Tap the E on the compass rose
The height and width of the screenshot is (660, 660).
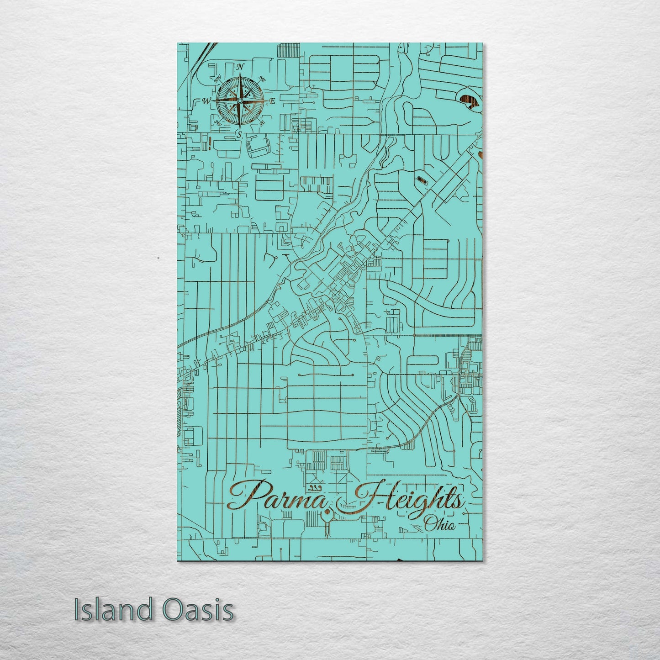(272, 101)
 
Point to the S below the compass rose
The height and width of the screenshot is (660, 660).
(238, 134)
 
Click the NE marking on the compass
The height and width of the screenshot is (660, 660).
(262, 78)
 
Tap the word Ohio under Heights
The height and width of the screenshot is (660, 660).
(439, 525)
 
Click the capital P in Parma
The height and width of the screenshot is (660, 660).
(247, 496)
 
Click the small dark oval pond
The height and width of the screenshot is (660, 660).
(421, 179)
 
